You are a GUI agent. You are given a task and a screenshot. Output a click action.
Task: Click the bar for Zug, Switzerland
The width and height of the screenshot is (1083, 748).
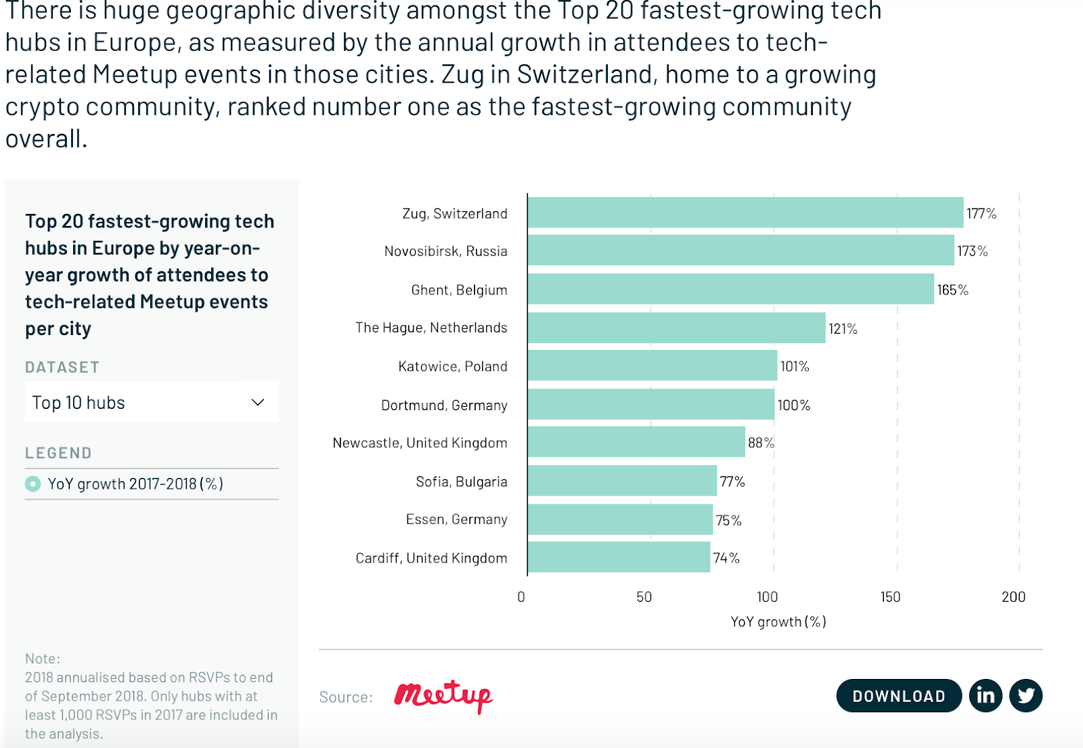pos(745,213)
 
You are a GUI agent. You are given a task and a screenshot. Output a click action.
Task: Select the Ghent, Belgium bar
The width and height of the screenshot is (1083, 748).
pos(730,289)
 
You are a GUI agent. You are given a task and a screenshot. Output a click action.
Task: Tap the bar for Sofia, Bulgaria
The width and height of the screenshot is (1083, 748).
pos(621,481)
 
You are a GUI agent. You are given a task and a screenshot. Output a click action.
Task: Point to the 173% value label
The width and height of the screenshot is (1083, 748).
pos(972,251)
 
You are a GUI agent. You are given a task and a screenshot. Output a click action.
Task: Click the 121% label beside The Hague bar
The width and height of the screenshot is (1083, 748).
pos(843,329)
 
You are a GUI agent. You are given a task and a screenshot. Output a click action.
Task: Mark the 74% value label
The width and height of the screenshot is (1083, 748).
pos(726,558)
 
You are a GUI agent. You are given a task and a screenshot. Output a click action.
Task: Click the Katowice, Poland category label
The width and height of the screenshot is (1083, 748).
pos(452,366)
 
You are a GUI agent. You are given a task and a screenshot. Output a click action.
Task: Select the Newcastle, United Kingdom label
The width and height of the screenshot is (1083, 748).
pos(420,443)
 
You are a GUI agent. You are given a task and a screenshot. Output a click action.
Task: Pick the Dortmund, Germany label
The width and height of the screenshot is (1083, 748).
pos(444,405)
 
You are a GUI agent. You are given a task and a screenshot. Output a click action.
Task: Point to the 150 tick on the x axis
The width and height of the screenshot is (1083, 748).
pos(890,597)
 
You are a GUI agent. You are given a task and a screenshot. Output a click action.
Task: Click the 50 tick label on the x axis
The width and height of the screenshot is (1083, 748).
pos(644,597)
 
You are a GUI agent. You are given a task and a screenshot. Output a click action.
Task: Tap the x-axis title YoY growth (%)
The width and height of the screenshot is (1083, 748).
pos(778,621)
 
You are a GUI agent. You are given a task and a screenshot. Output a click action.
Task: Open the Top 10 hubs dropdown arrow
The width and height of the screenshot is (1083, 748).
pos(257,402)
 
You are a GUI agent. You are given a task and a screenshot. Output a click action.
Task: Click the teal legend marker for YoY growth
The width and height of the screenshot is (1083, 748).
pos(32,484)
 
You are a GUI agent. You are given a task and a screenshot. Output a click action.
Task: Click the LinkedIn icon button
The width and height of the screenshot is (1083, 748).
pos(986,695)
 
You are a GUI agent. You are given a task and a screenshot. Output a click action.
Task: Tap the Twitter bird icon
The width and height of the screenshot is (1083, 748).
pos(1026,695)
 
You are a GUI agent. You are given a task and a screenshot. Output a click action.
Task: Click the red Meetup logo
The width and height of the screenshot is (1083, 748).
pos(443,695)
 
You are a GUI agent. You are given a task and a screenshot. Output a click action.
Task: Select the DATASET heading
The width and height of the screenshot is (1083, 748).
pos(62,367)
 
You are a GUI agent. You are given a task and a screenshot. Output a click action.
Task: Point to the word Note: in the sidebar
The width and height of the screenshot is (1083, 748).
pos(43,658)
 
